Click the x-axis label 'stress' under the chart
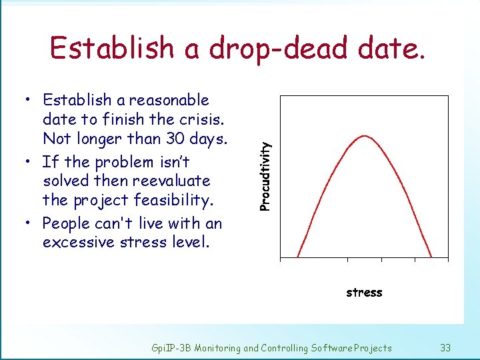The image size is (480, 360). [364, 292]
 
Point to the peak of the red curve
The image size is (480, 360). [365, 136]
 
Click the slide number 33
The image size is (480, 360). [445, 347]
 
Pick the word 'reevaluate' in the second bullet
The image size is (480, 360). [174, 181]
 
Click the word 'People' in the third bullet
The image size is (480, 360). [65, 223]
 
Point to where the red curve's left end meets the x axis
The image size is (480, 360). [297, 257]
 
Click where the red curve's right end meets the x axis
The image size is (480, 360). [432, 257]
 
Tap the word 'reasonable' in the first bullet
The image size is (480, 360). [169, 100]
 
